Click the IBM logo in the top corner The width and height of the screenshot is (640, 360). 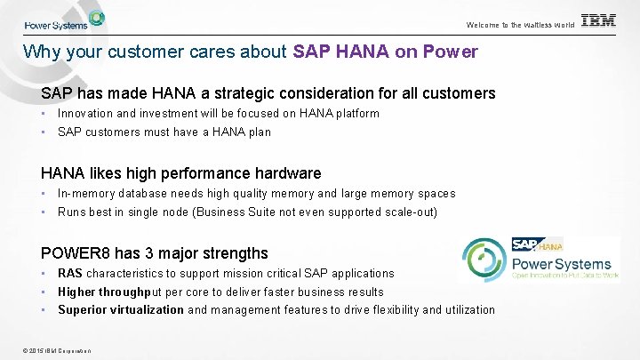(598, 21)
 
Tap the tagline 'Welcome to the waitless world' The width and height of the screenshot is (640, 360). (520, 25)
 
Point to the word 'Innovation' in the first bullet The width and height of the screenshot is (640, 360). (87, 114)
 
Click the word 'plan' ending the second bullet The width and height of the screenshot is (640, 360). (259, 132)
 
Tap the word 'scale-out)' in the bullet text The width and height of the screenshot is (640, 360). (409, 212)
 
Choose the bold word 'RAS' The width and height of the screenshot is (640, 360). (70, 274)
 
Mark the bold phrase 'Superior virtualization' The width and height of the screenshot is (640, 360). (121, 310)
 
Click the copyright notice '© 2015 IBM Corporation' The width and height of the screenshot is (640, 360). (53, 350)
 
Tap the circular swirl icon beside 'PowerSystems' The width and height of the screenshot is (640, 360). (484, 261)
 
